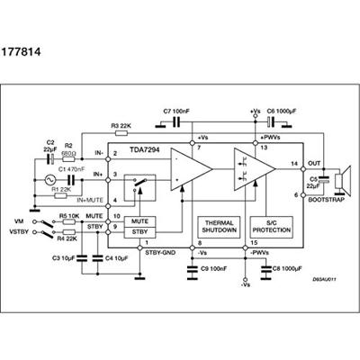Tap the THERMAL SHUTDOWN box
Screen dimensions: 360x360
pos(219,226)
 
